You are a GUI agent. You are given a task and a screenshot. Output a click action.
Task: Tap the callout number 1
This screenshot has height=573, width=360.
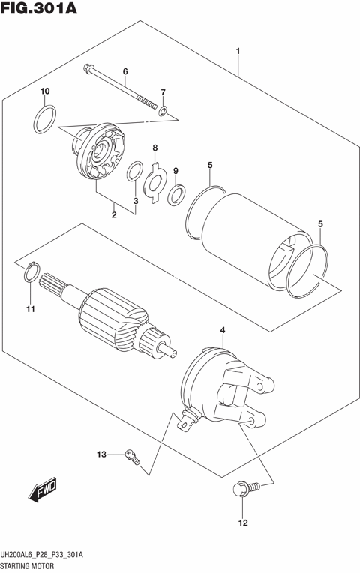coord(238,52)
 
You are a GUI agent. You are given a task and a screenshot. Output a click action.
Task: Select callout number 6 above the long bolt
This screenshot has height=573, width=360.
coord(125,71)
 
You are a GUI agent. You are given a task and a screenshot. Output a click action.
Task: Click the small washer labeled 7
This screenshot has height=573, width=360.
coord(162,112)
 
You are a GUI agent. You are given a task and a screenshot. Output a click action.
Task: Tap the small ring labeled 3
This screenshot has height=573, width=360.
coord(133,172)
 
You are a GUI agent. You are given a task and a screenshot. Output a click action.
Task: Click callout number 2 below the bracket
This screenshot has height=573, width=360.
coord(114,216)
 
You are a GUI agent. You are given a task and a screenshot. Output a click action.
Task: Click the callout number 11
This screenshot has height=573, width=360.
coord(30,309)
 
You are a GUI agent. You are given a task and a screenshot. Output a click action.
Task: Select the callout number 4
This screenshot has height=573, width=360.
coord(222,330)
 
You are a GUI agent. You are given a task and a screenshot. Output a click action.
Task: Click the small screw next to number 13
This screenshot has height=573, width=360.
coord(133,455)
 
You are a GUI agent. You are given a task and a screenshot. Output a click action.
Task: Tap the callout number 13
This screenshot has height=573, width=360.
coord(101,454)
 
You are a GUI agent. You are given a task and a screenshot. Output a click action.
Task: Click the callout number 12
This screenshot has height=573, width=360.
coord(242,523)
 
